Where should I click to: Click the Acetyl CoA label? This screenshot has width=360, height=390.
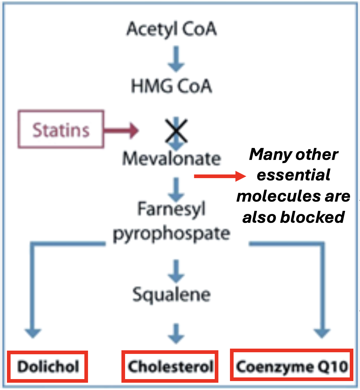[171, 29]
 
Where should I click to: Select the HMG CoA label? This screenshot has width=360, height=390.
[171, 86]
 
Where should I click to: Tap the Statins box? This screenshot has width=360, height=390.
[61, 129]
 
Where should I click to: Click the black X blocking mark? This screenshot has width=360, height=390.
[176, 131]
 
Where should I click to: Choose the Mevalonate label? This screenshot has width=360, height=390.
[171, 158]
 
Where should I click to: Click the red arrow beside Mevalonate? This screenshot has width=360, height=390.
[220, 176]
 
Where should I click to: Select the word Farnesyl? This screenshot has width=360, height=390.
[171, 209]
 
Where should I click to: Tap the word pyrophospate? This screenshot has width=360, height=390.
[171, 234]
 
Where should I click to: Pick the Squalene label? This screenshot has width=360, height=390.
[171, 294]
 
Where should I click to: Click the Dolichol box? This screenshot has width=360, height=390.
[48, 366]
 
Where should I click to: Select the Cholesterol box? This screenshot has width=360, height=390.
[170, 366]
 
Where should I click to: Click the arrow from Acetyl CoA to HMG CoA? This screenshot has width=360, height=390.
[176, 59]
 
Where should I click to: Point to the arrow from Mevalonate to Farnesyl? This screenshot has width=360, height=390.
[176, 189]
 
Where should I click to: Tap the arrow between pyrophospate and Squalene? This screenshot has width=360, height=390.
[176, 271]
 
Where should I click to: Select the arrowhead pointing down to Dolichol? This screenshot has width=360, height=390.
[32, 332]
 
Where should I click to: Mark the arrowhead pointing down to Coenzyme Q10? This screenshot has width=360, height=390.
[322, 332]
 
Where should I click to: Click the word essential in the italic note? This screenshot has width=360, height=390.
[293, 175]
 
